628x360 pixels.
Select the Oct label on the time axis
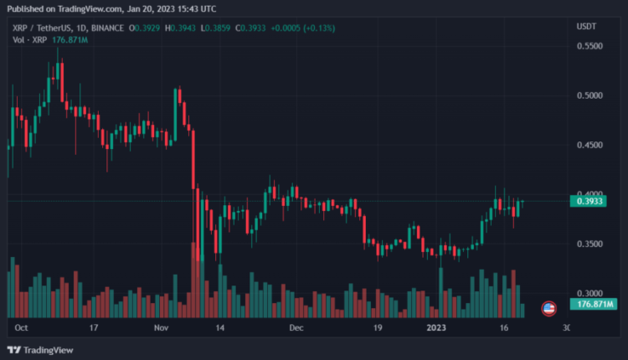point(21,327)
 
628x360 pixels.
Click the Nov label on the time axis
point(162,327)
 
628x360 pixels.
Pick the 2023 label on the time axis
point(435,327)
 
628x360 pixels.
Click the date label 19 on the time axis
point(378,327)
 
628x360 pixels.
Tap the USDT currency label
point(587,27)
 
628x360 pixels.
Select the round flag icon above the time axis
point(549,308)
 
